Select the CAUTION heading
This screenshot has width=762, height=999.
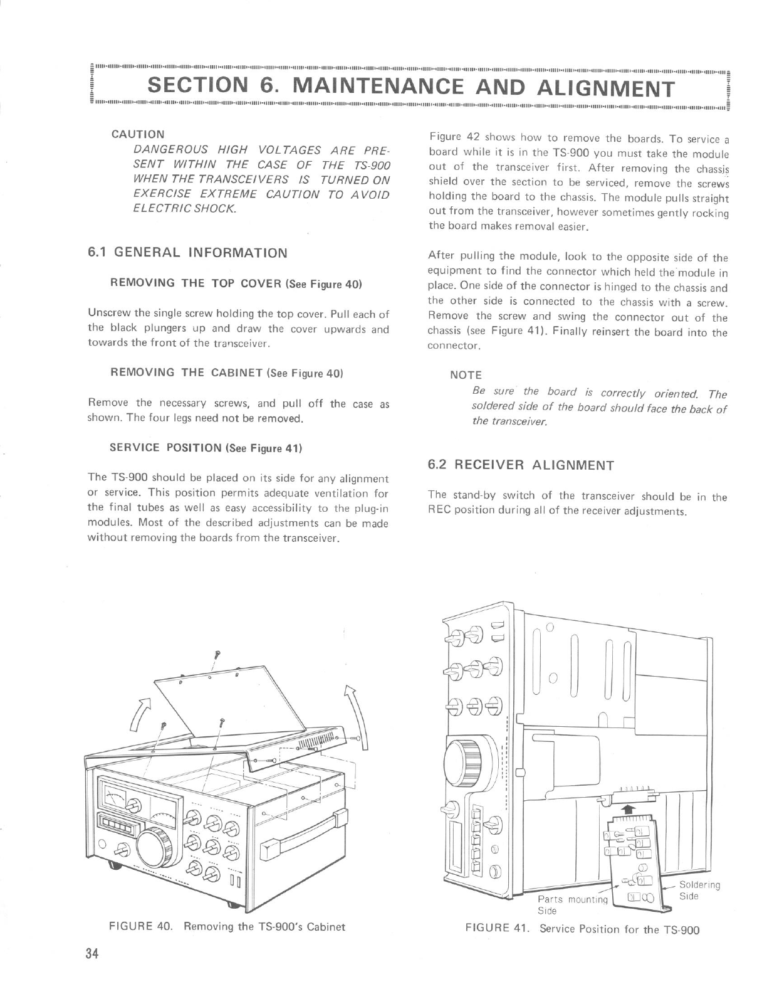(x=138, y=134)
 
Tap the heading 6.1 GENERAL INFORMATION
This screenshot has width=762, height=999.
(x=187, y=253)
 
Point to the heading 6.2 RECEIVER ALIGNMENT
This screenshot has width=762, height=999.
(x=520, y=465)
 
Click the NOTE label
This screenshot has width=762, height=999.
(x=466, y=375)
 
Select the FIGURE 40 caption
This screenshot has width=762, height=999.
(x=227, y=926)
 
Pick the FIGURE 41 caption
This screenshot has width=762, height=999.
(x=582, y=929)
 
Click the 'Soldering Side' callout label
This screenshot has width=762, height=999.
(x=699, y=891)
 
